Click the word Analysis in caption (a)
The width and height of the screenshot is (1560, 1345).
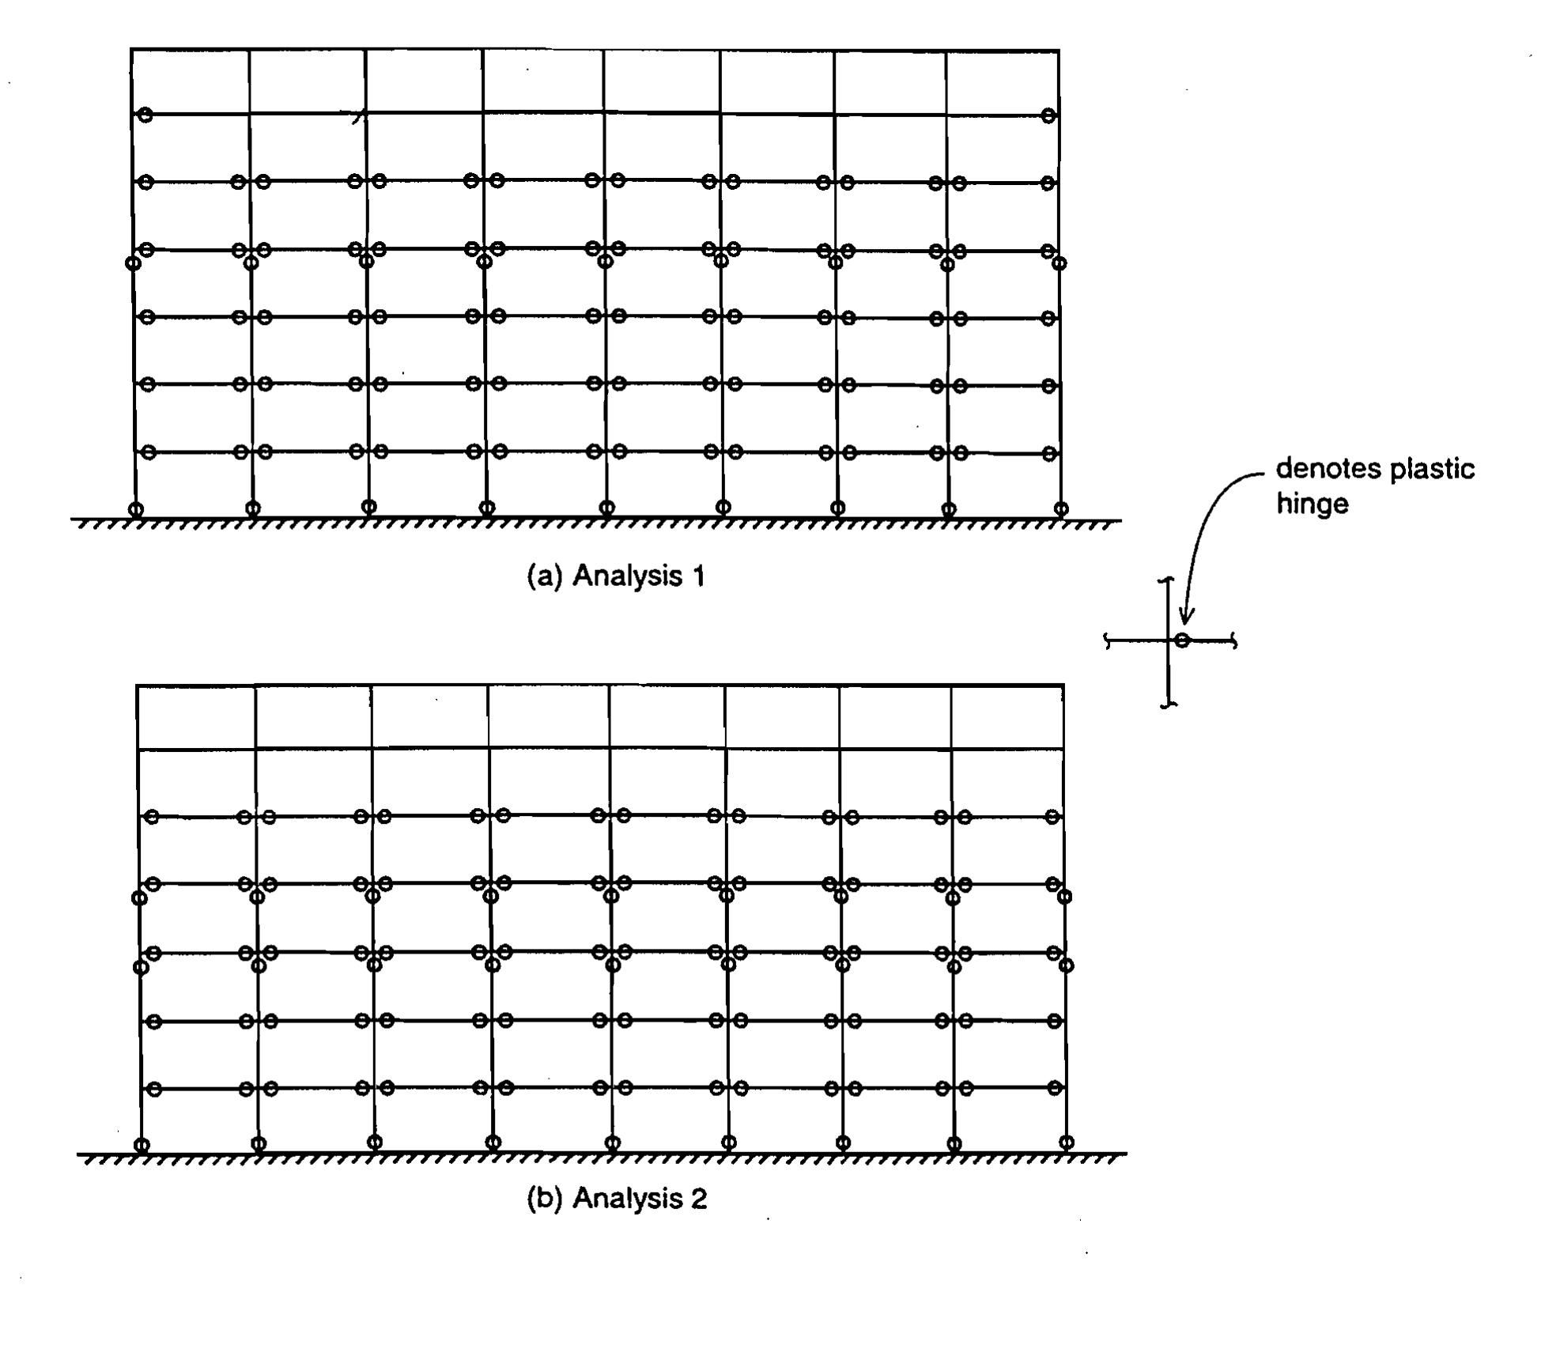pos(627,576)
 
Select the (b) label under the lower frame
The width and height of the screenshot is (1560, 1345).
pos(544,1198)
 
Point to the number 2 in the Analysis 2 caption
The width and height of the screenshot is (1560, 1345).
pos(698,1198)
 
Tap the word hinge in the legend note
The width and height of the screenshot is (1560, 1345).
pos(1312,504)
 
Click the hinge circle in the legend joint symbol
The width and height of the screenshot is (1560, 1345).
pos(1181,640)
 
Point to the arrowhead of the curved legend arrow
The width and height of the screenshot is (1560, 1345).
pos(1186,616)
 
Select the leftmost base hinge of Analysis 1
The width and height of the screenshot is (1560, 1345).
pos(135,509)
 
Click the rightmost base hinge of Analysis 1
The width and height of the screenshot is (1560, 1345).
pos(1061,508)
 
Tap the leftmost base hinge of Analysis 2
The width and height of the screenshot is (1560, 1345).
pos(142,1145)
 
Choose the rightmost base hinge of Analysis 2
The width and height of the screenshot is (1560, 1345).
pos(1067,1142)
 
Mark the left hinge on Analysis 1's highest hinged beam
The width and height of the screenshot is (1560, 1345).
pos(145,115)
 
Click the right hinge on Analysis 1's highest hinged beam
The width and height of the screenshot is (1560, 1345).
pos(1048,115)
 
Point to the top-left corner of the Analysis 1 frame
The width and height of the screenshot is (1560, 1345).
pos(131,49)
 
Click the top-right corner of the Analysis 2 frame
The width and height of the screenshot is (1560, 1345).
pos(1063,686)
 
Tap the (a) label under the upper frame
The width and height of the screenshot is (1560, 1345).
pos(544,576)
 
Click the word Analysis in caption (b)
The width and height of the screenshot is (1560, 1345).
pos(627,1199)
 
